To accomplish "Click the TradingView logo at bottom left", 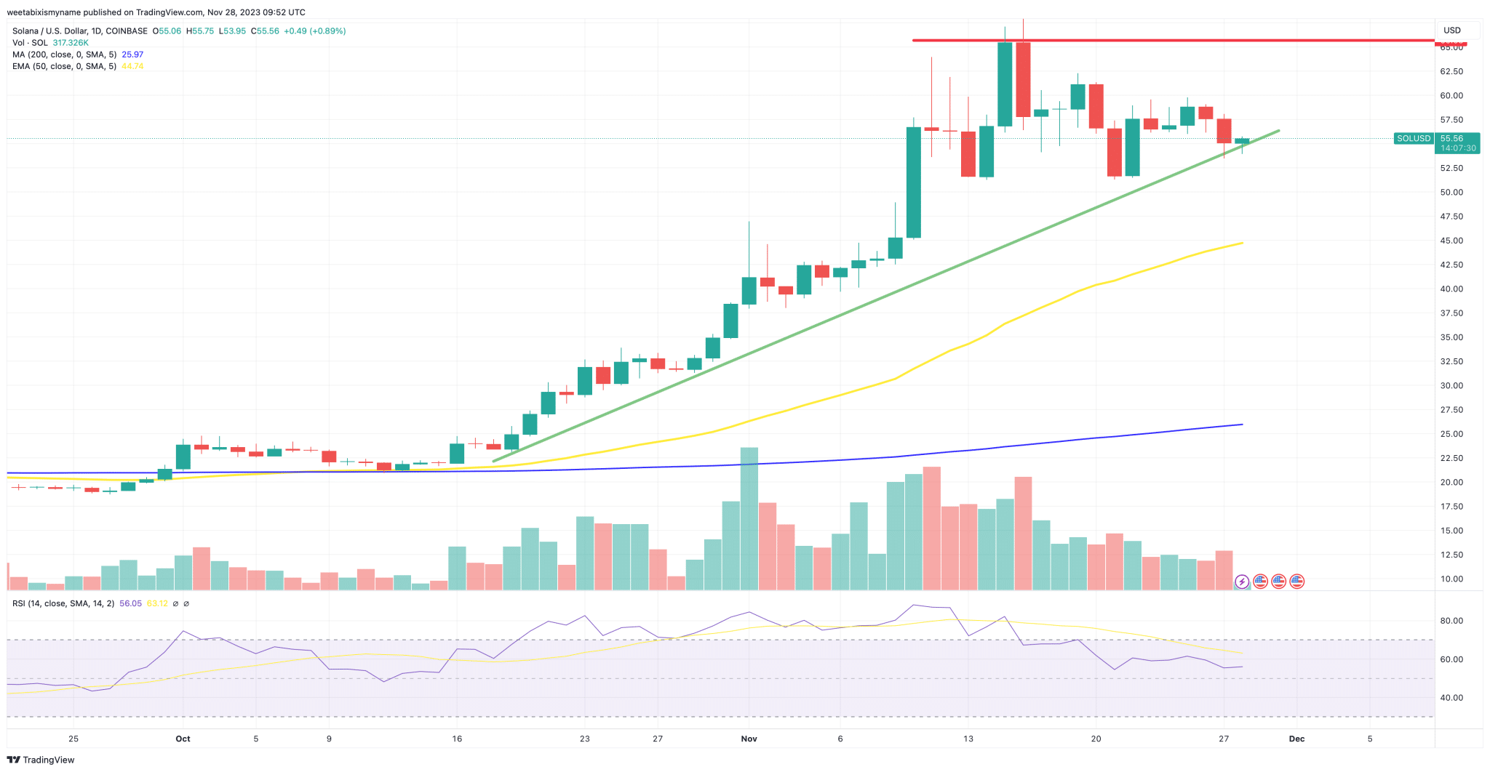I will [x=41, y=760].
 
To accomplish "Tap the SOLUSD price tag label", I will [x=1413, y=138].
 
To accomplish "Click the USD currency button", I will [x=1452, y=31].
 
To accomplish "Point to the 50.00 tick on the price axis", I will [x=1451, y=193].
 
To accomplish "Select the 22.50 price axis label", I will [x=1451, y=458].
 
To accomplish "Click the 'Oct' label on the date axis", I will [x=183, y=739].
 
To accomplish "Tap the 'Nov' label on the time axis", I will [x=749, y=739].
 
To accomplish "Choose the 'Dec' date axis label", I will [x=1296, y=739].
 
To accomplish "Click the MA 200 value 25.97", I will [x=132, y=55].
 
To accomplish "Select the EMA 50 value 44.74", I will [x=132, y=66].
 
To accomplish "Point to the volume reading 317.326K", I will [x=71, y=43].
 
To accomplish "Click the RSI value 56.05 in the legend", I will [x=130, y=603].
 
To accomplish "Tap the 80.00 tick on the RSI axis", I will [x=1451, y=621].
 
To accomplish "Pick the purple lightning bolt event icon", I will [x=1242, y=581].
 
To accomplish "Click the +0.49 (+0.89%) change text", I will [x=314, y=31].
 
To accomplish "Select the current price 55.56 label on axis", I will [x=1451, y=138].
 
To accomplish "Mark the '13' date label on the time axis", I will [x=968, y=739].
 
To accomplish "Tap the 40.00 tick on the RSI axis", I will [x=1451, y=698].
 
